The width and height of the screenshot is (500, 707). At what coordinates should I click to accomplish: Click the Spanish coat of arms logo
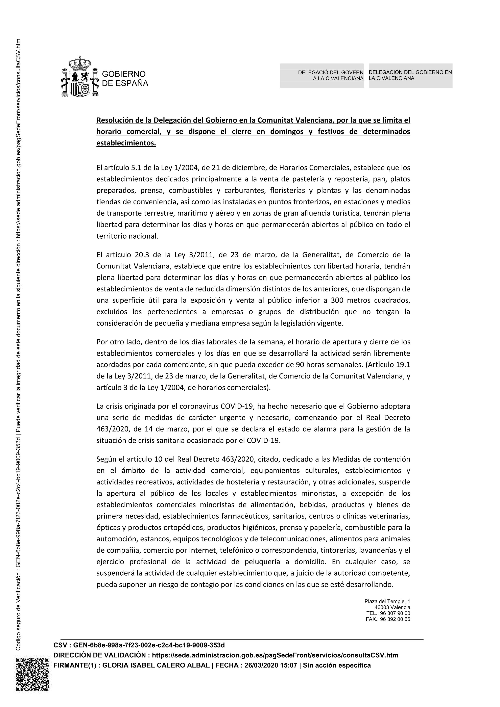click(x=80, y=77)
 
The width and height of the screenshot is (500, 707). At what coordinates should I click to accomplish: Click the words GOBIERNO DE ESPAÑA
click(x=125, y=79)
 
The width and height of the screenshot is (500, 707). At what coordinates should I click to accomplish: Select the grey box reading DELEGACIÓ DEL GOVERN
click(x=322, y=76)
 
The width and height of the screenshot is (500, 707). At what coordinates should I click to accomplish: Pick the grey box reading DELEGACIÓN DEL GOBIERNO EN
click(x=410, y=76)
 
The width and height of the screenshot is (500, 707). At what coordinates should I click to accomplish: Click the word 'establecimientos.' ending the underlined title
click(x=126, y=143)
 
